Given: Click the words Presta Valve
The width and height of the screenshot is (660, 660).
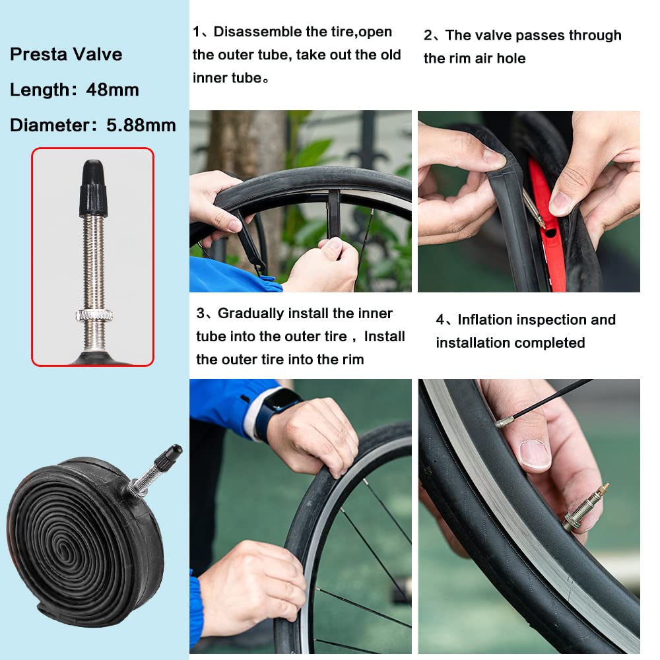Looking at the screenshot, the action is point(66,54).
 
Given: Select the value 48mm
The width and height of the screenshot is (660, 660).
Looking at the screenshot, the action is point(112,90).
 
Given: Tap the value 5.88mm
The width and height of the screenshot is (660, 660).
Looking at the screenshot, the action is point(141,125).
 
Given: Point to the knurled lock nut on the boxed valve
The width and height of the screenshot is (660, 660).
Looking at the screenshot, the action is point(94,314).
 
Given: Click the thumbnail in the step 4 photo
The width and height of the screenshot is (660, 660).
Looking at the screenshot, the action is point(535,455).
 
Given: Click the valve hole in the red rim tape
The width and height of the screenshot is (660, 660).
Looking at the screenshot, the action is point(550,233).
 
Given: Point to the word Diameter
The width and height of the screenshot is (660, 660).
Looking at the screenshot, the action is point(49,125).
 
